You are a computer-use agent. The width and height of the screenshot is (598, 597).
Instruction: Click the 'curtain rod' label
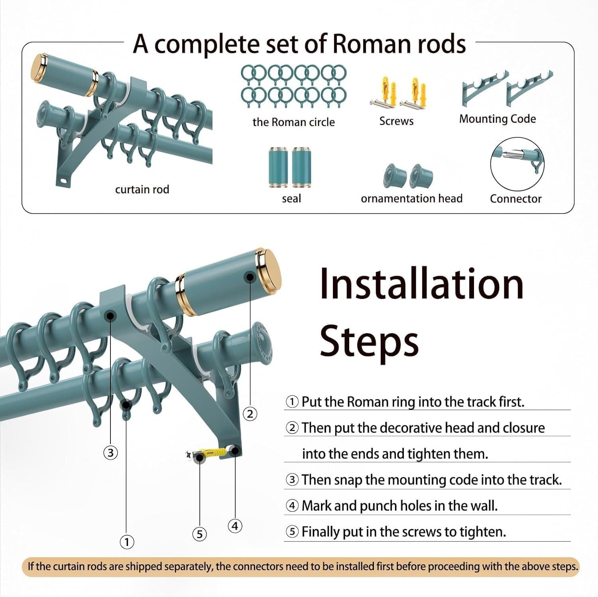142,189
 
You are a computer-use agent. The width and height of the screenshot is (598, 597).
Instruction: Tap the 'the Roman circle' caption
293,122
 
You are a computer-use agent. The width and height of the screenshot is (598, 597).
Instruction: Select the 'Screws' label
396,121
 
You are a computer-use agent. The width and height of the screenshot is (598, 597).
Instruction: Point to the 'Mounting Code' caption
497,119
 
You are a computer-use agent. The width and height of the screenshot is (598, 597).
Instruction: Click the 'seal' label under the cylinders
291,198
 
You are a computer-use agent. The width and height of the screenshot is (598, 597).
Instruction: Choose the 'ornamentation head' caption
411,198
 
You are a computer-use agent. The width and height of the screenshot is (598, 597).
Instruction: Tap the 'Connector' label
515,198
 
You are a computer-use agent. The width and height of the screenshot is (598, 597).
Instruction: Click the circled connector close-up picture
517,164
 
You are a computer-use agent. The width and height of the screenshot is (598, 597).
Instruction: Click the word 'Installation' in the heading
421,283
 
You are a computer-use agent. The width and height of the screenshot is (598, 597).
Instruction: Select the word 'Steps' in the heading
369,342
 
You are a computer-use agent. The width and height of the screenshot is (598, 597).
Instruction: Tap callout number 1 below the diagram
127,542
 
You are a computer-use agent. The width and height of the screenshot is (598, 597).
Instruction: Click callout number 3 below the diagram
110,453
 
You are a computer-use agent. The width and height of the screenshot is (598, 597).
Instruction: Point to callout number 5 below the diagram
200,534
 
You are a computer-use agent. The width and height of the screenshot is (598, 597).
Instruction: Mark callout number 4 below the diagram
235,526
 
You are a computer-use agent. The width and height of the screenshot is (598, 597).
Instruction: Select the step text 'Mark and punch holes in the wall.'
399,506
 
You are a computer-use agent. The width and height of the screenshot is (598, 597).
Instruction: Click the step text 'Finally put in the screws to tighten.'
403,532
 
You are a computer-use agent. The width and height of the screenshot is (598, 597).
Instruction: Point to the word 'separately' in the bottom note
187,566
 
